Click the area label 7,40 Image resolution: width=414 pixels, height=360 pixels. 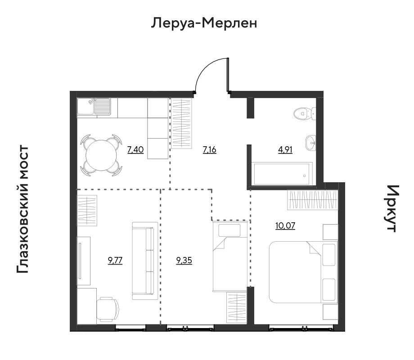pos(135,150)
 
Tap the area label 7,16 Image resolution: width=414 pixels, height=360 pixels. pos(210,150)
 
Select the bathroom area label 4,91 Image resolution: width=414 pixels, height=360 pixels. pos(285,150)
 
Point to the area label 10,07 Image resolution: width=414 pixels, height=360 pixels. pos(285,226)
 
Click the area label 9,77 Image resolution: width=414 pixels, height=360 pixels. pos(115,261)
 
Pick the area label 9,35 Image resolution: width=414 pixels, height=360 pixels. pos(184,261)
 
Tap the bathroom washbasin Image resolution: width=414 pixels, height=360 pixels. pos(311,143)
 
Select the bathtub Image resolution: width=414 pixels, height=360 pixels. pos(283,174)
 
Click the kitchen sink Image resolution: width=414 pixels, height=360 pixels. pos(94,107)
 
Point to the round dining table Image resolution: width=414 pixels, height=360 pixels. pos(101,156)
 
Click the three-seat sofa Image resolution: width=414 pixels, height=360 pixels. pos(145,261)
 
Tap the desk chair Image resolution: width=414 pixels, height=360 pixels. pos(108,309)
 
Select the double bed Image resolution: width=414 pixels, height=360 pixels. pos(303,272)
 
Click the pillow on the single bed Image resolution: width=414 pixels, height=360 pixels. pos(229,230)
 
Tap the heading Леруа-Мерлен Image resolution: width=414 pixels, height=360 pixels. pos(204,23)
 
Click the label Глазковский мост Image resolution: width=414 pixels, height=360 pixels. pos(22,209)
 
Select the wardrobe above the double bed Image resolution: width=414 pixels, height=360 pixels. pos(313,200)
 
